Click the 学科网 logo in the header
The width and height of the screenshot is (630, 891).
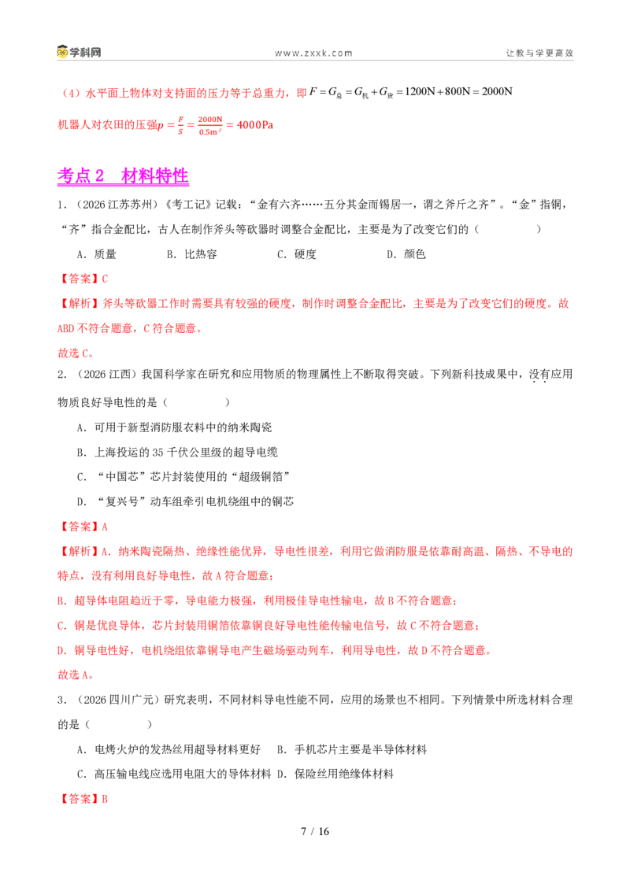79,52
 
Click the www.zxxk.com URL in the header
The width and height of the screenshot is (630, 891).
313,54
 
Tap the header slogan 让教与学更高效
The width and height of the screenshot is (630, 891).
539,53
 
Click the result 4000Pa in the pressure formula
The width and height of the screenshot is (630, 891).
254,124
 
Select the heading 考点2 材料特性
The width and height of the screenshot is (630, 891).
123,176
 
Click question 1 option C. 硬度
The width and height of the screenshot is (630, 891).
296,254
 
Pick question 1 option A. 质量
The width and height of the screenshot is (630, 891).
96,254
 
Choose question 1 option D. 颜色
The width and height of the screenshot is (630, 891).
406,254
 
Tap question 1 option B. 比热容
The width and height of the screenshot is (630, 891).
191,254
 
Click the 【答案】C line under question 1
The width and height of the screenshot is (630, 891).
83,279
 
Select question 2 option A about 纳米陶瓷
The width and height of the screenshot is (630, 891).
174,427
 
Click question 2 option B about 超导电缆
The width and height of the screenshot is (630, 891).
177,453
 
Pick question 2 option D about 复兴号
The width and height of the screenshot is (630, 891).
185,501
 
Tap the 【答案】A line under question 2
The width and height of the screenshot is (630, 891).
83,527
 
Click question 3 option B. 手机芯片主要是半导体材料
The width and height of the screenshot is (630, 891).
352,749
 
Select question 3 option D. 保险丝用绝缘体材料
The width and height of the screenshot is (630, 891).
335,774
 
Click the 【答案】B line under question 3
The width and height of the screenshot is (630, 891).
83,799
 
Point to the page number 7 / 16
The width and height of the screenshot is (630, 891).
315,831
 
